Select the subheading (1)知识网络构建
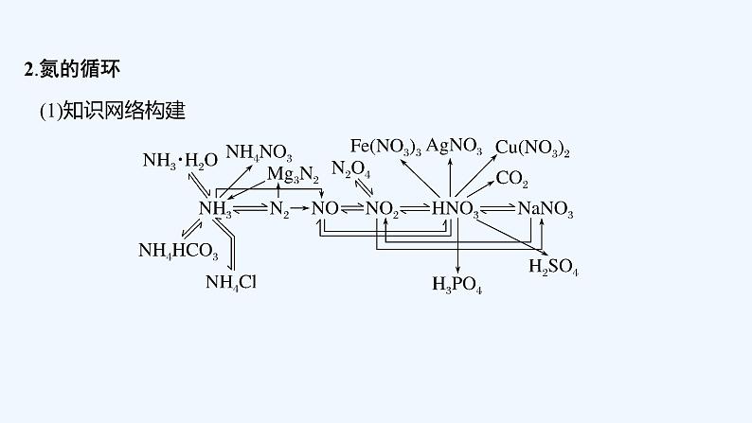click(111, 111)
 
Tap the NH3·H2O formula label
click(180, 160)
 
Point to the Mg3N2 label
click(293, 175)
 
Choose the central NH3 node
click(215, 209)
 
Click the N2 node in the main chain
click(278, 209)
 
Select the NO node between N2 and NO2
click(324, 208)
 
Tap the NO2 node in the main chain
click(382, 209)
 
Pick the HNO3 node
click(455, 209)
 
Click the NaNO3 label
click(546, 209)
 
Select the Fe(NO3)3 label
click(385, 146)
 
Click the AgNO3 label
click(454, 146)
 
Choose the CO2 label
click(511, 179)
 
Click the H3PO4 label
click(457, 283)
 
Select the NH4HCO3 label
click(178, 251)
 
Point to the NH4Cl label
click(231, 281)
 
